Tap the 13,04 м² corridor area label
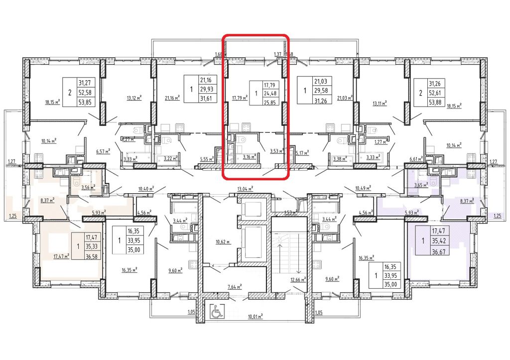(246, 189)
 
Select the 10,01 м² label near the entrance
(255, 316)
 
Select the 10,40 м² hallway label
(146, 189)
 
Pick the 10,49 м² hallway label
(363, 189)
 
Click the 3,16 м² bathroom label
(249, 156)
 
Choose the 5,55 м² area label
(206, 159)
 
